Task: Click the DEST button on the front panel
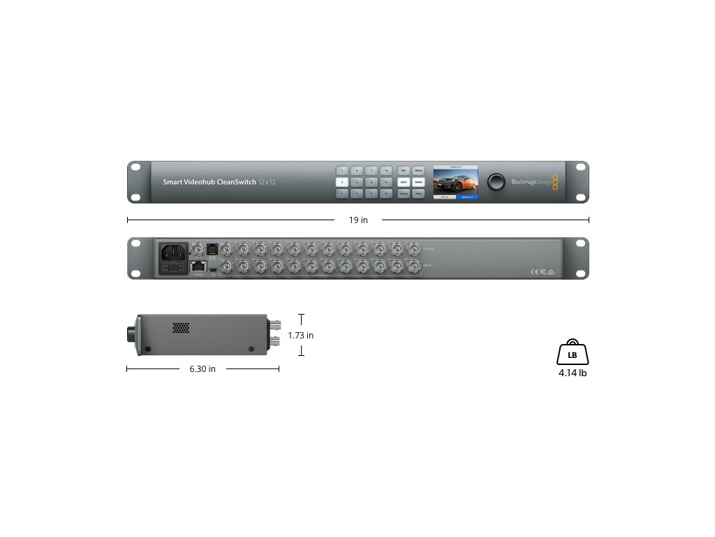click(x=404, y=182)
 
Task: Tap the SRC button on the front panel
click(x=404, y=170)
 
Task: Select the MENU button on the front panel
click(x=418, y=170)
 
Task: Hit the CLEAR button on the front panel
click(x=404, y=194)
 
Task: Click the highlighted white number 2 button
click(x=342, y=182)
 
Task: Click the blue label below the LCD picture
click(x=467, y=198)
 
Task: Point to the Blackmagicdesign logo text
click(x=531, y=182)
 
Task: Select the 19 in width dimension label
click(x=358, y=220)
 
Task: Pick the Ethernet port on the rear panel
click(x=197, y=266)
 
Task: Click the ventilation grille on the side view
click(x=181, y=327)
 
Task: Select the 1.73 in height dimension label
click(x=300, y=336)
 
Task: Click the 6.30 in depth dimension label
click(x=202, y=369)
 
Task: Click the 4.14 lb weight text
click(x=572, y=373)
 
